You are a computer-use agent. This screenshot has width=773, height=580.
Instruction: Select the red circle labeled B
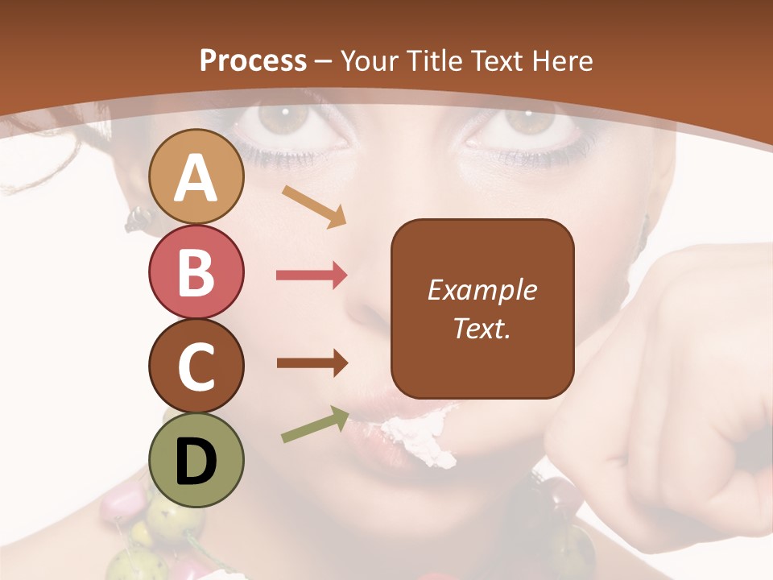[x=196, y=272]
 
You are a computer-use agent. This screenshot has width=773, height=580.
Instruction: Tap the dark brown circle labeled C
[x=196, y=367]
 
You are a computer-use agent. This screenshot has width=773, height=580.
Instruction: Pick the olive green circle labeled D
[x=196, y=460]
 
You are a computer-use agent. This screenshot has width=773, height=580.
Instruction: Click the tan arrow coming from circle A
[x=314, y=206]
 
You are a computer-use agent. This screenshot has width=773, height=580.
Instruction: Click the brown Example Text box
[x=482, y=309]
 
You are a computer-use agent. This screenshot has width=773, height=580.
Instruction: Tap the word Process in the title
[x=253, y=60]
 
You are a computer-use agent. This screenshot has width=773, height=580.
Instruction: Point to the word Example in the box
[x=482, y=290]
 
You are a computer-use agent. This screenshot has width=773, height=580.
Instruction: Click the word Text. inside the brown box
[x=482, y=329]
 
